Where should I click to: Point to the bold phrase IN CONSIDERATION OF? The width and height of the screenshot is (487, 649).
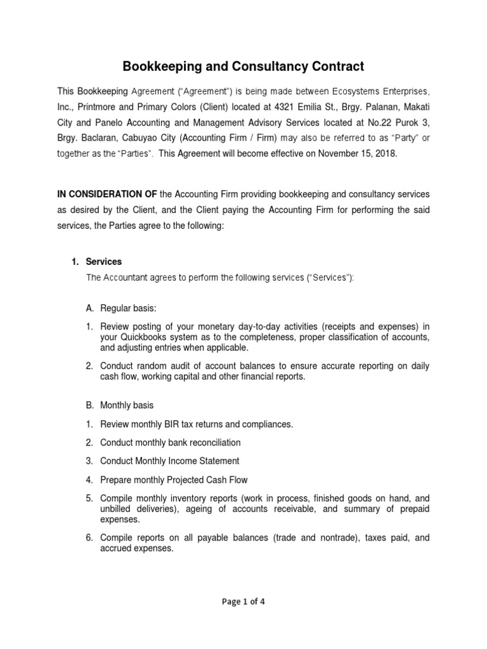(107, 193)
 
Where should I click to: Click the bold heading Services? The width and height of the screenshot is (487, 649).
(104, 262)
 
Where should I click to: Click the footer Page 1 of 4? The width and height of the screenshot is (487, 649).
(243, 602)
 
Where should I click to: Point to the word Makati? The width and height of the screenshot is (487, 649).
(416, 108)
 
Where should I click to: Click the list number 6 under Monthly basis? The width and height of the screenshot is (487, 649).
(89, 537)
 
